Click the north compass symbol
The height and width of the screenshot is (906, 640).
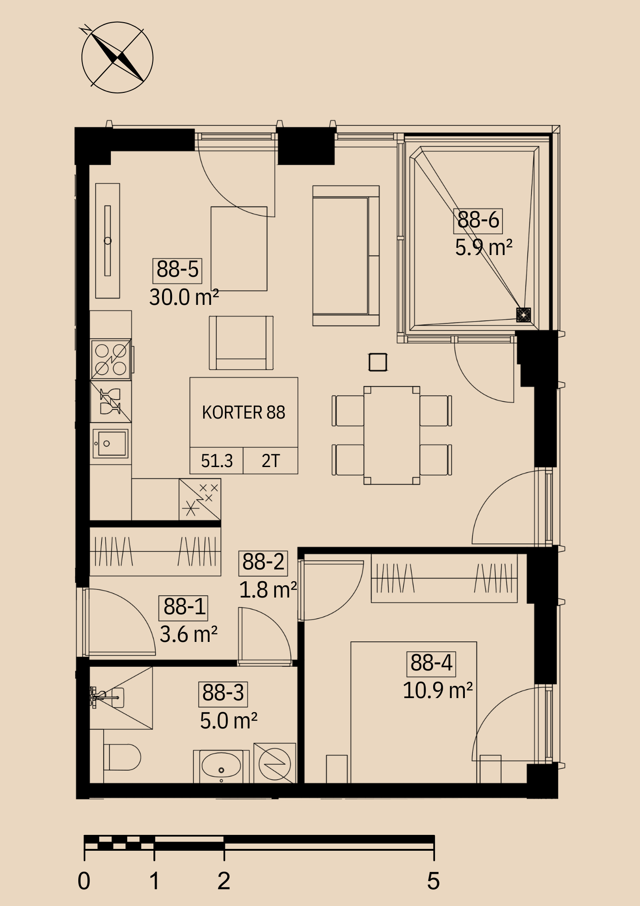pos(117,58)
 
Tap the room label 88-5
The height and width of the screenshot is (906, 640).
pos(177,270)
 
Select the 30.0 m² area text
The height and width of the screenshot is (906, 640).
pos(184,298)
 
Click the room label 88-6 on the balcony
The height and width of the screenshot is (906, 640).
pos(478,220)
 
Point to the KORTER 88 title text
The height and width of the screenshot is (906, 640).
pos(244,413)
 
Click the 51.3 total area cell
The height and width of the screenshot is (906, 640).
pos(217,461)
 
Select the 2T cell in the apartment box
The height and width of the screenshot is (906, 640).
pos(271,461)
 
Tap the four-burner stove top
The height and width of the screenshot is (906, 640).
pos(111,359)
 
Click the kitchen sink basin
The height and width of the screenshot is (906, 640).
pos(110,443)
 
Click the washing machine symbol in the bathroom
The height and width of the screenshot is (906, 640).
pos(275,763)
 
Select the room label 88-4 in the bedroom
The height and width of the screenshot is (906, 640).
pos(431,663)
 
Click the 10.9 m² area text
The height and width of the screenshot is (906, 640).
pos(438,691)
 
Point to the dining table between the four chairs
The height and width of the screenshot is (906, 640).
pos(392,435)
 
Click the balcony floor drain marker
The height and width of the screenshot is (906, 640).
pos(524,314)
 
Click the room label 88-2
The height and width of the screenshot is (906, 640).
pos(263,562)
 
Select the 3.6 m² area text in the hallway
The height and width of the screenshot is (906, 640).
pos(189,635)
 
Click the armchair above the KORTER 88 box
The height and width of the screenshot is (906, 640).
pos(241,343)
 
